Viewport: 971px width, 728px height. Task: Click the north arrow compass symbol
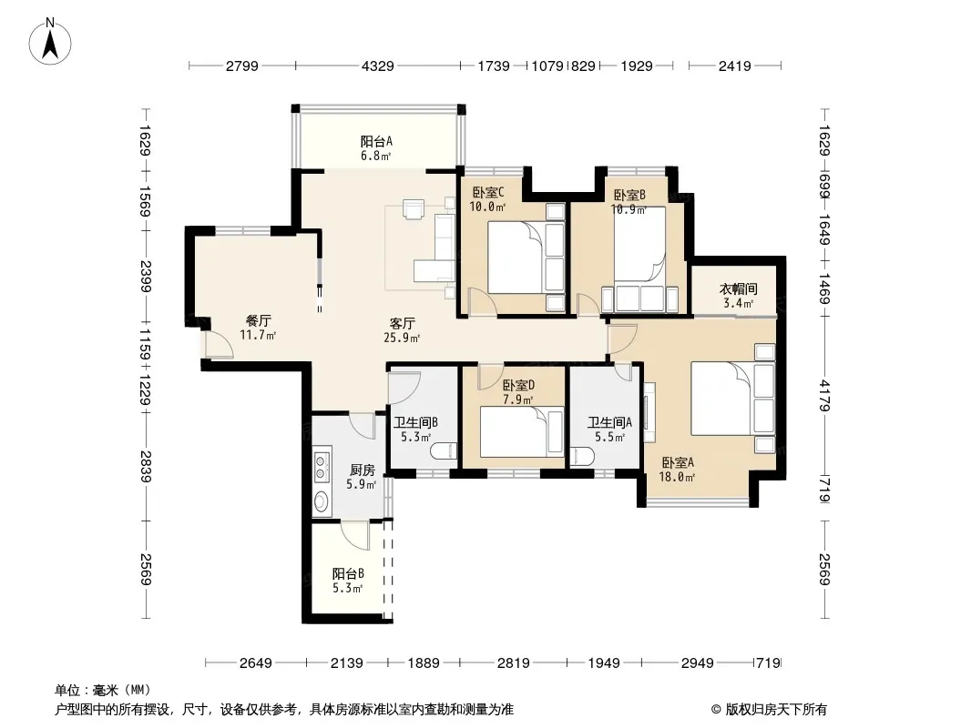point(50,42)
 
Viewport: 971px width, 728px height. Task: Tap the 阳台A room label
point(376,141)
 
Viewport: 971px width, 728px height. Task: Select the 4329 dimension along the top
point(377,66)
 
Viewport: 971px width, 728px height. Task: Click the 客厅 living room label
point(402,323)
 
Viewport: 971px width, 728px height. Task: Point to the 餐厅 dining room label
point(258,320)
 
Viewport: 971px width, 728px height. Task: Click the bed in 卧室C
point(526,257)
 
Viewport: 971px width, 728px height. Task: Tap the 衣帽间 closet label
point(738,288)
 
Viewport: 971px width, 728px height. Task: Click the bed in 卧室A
point(733,399)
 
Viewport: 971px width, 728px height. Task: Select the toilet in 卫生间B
point(444,451)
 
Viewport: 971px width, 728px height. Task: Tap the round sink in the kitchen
point(321,501)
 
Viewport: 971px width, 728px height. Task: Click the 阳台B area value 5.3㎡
point(347,588)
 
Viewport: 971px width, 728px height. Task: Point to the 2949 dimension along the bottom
point(698,663)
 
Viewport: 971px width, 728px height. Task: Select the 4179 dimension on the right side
point(824,395)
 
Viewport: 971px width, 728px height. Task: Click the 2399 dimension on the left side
point(146,277)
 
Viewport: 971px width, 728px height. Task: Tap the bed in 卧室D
point(521,431)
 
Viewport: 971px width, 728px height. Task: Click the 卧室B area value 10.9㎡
point(629,209)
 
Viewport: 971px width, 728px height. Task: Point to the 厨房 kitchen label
point(363,470)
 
